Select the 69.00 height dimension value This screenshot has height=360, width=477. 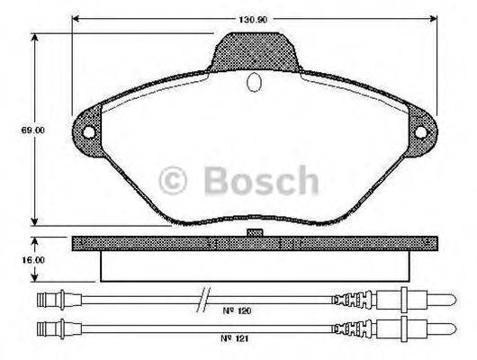pos(34,130)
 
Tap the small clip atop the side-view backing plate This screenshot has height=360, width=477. pos(254,232)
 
